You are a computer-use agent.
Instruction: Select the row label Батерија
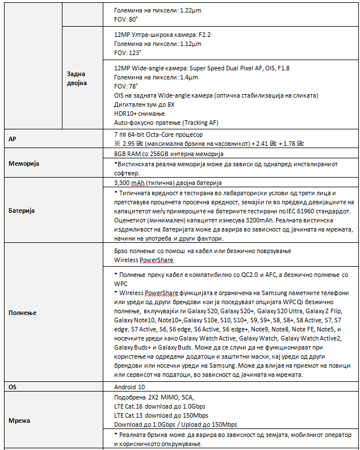[x=22, y=211]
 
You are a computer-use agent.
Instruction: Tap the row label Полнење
[x=22, y=313]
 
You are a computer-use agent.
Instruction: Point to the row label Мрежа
[x=20, y=420]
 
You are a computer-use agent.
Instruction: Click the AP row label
[x=12, y=139]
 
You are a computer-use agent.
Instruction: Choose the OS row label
[x=12, y=386]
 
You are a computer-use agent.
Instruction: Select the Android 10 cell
[x=129, y=386]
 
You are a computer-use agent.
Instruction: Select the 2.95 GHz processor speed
[x=134, y=144]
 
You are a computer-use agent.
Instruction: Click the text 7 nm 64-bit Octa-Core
[x=158, y=134]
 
